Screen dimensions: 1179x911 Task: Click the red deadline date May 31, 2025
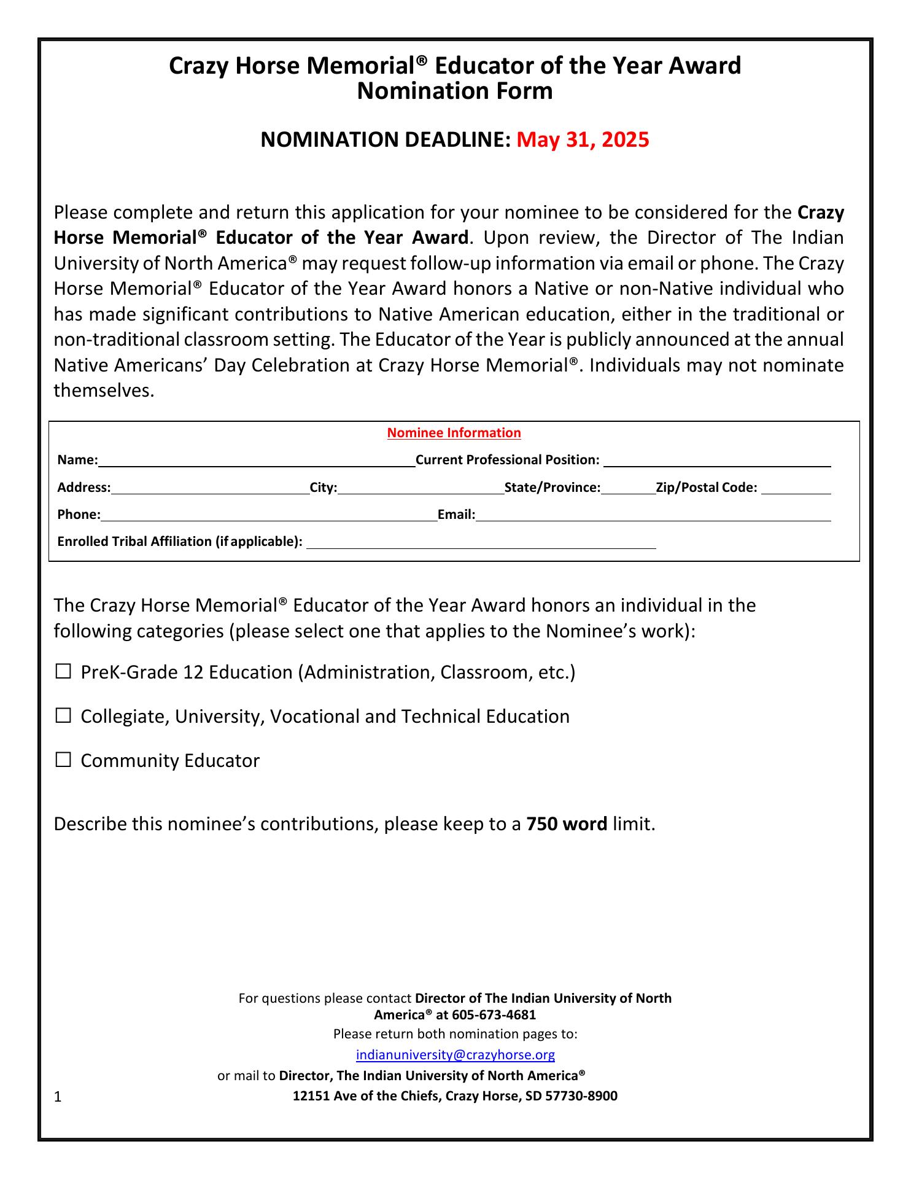[583, 140]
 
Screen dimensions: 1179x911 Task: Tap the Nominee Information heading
[454, 433]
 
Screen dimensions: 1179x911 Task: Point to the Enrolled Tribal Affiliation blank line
[481, 542]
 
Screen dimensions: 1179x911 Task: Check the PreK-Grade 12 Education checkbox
[63, 672]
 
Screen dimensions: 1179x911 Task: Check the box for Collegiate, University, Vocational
[63, 716]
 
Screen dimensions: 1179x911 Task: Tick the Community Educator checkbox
[63, 760]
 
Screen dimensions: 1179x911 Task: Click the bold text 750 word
[567, 824]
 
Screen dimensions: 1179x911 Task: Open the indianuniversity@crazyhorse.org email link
[455, 1055]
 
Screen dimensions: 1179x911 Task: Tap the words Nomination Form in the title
[455, 91]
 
